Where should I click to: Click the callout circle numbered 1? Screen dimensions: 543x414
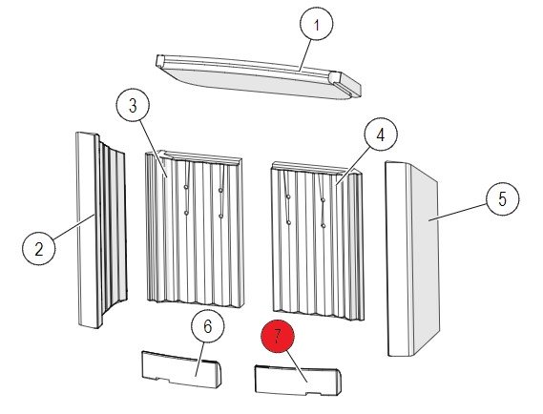click(316, 24)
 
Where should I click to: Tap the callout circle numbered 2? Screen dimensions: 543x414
click(39, 249)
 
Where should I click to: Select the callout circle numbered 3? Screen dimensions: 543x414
click(133, 106)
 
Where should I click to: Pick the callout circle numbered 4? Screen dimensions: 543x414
click(381, 135)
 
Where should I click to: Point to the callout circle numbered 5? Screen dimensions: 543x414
click(503, 199)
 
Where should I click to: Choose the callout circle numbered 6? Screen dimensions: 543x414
click(207, 325)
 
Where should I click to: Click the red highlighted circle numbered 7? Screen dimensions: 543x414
click(278, 336)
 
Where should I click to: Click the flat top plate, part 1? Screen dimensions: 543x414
click(258, 76)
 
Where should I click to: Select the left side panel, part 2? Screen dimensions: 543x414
click(100, 230)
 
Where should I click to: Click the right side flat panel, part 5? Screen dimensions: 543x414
click(412, 259)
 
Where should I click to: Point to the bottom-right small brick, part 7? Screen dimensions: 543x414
click(298, 381)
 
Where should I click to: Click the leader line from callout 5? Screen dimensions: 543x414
click(458, 212)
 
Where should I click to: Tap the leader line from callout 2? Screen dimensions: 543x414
click(73, 227)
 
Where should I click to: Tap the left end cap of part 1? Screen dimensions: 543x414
click(160, 60)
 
